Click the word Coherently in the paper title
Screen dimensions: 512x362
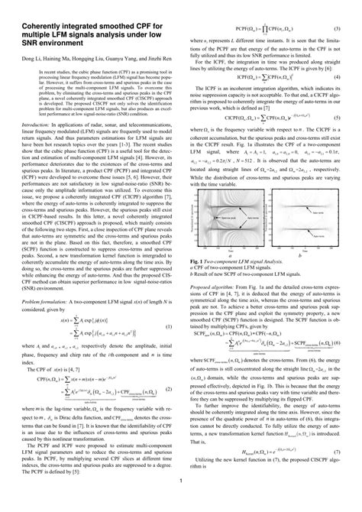click(x=40, y=11)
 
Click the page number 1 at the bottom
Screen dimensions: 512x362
click(x=180, y=501)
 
